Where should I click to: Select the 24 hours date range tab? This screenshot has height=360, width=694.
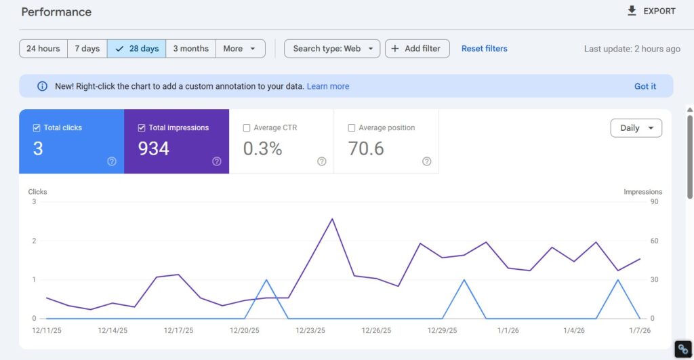point(43,49)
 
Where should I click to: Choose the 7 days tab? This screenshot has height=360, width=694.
point(87,49)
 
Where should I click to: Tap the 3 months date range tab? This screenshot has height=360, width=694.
point(190,49)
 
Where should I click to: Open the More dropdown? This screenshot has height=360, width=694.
point(240,49)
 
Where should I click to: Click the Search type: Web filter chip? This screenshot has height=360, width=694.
point(332,49)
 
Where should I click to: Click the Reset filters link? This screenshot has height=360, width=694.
point(484,49)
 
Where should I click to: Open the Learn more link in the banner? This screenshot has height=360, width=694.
point(328,86)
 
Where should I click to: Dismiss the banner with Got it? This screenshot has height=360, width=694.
point(645,86)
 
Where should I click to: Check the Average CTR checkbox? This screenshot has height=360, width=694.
point(247,127)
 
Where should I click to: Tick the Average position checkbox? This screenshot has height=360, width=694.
point(352,127)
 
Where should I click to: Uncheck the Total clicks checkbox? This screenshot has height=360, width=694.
point(37,127)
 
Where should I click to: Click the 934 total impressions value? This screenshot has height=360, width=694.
point(154,148)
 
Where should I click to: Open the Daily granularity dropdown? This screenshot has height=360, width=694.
point(636,128)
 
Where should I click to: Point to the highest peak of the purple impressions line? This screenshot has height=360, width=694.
point(332,219)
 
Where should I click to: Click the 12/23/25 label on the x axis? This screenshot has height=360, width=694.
point(310,331)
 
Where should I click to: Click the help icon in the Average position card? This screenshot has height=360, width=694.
point(426,161)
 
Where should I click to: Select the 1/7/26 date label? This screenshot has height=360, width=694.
point(639,331)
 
